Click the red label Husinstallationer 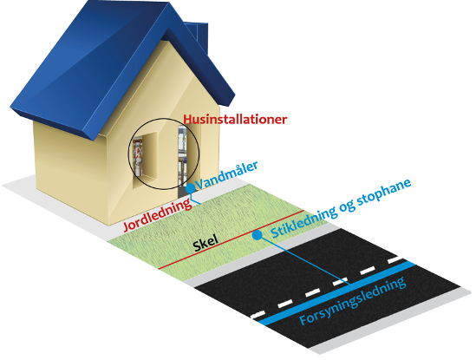click(x=235, y=120)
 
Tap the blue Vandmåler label click(x=226, y=175)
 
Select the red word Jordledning click(x=157, y=214)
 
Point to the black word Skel click(x=205, y=243)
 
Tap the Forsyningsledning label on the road click(x=352, y=300)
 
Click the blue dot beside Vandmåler click(x=191, y=188)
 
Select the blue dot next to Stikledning click(x=258, y=235)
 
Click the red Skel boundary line click(x=231, y=239)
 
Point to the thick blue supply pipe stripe click(x=338, y=293)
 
